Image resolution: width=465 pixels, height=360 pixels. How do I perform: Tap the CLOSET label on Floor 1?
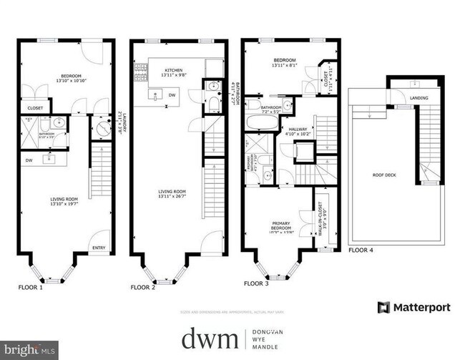[35, 109]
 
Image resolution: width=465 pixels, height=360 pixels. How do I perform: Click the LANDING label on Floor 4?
[419, 98]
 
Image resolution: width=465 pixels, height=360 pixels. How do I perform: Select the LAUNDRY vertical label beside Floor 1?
[119, 123]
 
